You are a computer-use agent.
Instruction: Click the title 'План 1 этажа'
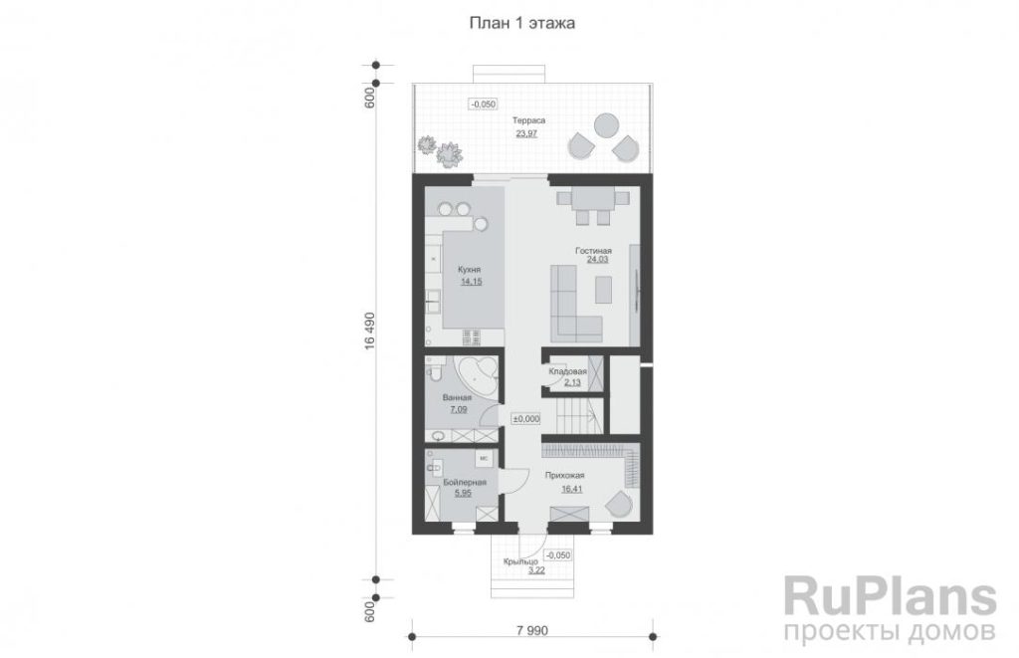pyautogui.click(x=521, y=24)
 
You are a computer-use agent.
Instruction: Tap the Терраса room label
pyautogui.click(x=528, y=120)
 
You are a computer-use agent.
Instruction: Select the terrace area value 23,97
pyautogui.click(x=526, y=133)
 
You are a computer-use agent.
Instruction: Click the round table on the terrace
pyautogui.click(x=606, y=125)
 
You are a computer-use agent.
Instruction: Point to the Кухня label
pyautogui.click(x=470, y=269)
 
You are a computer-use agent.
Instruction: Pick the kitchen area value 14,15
pyautogui.click(x=471, y=282)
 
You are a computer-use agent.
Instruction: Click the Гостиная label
pyautogui.click(x=593, y=250)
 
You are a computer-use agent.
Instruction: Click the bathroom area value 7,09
pyautogui.click(x=458, y=409)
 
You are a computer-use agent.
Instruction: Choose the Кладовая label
pyautogui.click(x=567, y=371)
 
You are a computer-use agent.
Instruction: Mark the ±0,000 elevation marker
pyautogui.click(x=525, y=419)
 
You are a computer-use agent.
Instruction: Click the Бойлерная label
pyautogui.click(x=465, y=482)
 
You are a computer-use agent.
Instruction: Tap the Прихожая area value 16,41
pyautogui.click(x=572, y=489)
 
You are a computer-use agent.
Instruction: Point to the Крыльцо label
pyautogui.click(x=520, y=561)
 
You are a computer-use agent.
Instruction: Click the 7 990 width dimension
pyautogui.click(x=532, y=631)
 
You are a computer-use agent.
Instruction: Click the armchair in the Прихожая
pyautogui.click(x=618, y=505)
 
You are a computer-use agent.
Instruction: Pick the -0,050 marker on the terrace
pyautogui.click(x=483, y=105)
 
